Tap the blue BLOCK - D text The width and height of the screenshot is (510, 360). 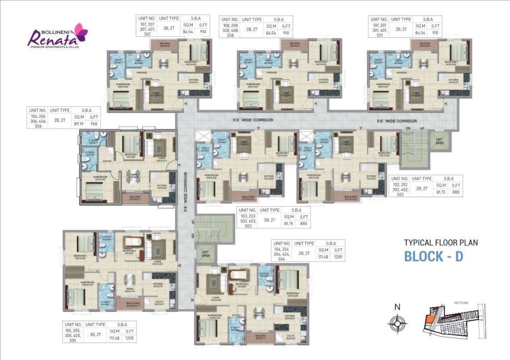pos(433,257)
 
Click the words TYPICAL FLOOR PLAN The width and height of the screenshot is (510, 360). pos(441,242)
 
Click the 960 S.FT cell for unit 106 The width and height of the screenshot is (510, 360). pos(94,124)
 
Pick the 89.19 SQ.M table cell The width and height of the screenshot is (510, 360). pos(79,124)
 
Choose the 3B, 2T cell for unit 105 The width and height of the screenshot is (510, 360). pos(95,335)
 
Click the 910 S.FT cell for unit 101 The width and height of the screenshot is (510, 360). pos(435,33)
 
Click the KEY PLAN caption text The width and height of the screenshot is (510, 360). pos(461,303)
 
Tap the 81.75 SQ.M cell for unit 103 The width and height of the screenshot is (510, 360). pos(290,224)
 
